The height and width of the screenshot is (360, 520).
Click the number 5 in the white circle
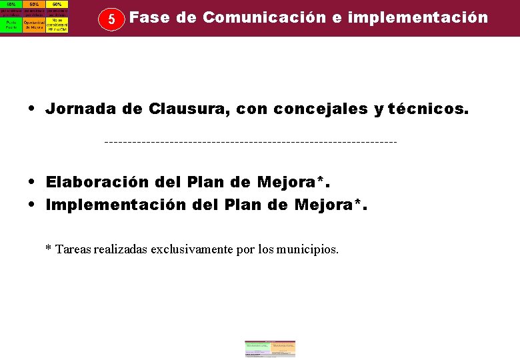(112, 19)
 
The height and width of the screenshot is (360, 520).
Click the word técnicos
(429, 109)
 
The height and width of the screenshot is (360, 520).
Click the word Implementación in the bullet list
(114, 205)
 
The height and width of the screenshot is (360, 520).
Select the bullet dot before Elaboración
(32, 182)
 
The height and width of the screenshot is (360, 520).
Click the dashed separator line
(251, 142)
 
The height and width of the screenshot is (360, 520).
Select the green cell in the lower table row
(11, 24)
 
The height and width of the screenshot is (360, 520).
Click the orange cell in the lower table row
(34, 24)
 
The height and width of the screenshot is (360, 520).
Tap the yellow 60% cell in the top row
(57, 4)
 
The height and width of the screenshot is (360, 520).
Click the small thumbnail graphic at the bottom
(270, 349)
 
